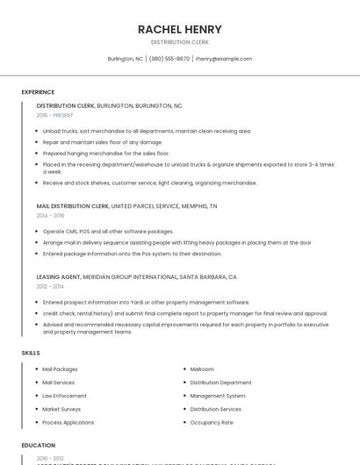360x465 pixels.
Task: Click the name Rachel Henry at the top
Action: (x=179, y=29)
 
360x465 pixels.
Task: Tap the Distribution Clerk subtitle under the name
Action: (x=179, y=42)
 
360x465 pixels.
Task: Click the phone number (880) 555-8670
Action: (x=169, y=59)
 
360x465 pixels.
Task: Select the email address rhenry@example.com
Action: (x=224, y=59)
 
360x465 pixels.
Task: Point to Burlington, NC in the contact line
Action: (x=126, y=59)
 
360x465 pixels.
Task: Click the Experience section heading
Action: (x=38, y=92)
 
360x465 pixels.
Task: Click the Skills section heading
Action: (x=31, y=353)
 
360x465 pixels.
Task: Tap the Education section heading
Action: (x=38, y=446)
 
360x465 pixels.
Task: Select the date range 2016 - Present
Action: (x=54, y=115)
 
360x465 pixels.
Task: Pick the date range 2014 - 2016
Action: (x=50, y=215)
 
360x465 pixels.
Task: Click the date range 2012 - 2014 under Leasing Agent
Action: (x=50, y=286)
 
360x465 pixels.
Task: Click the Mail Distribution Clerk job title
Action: (x=73, y=205)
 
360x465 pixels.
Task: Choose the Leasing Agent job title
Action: (x=59, y=276)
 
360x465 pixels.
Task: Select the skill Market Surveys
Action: (x=61, y=409)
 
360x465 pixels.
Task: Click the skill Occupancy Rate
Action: (x=212, y=422)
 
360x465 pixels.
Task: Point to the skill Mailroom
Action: (x=202, y=369)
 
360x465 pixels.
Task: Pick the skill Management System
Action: (x=218, y=396)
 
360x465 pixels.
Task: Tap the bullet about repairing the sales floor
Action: (x=103, y=142)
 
